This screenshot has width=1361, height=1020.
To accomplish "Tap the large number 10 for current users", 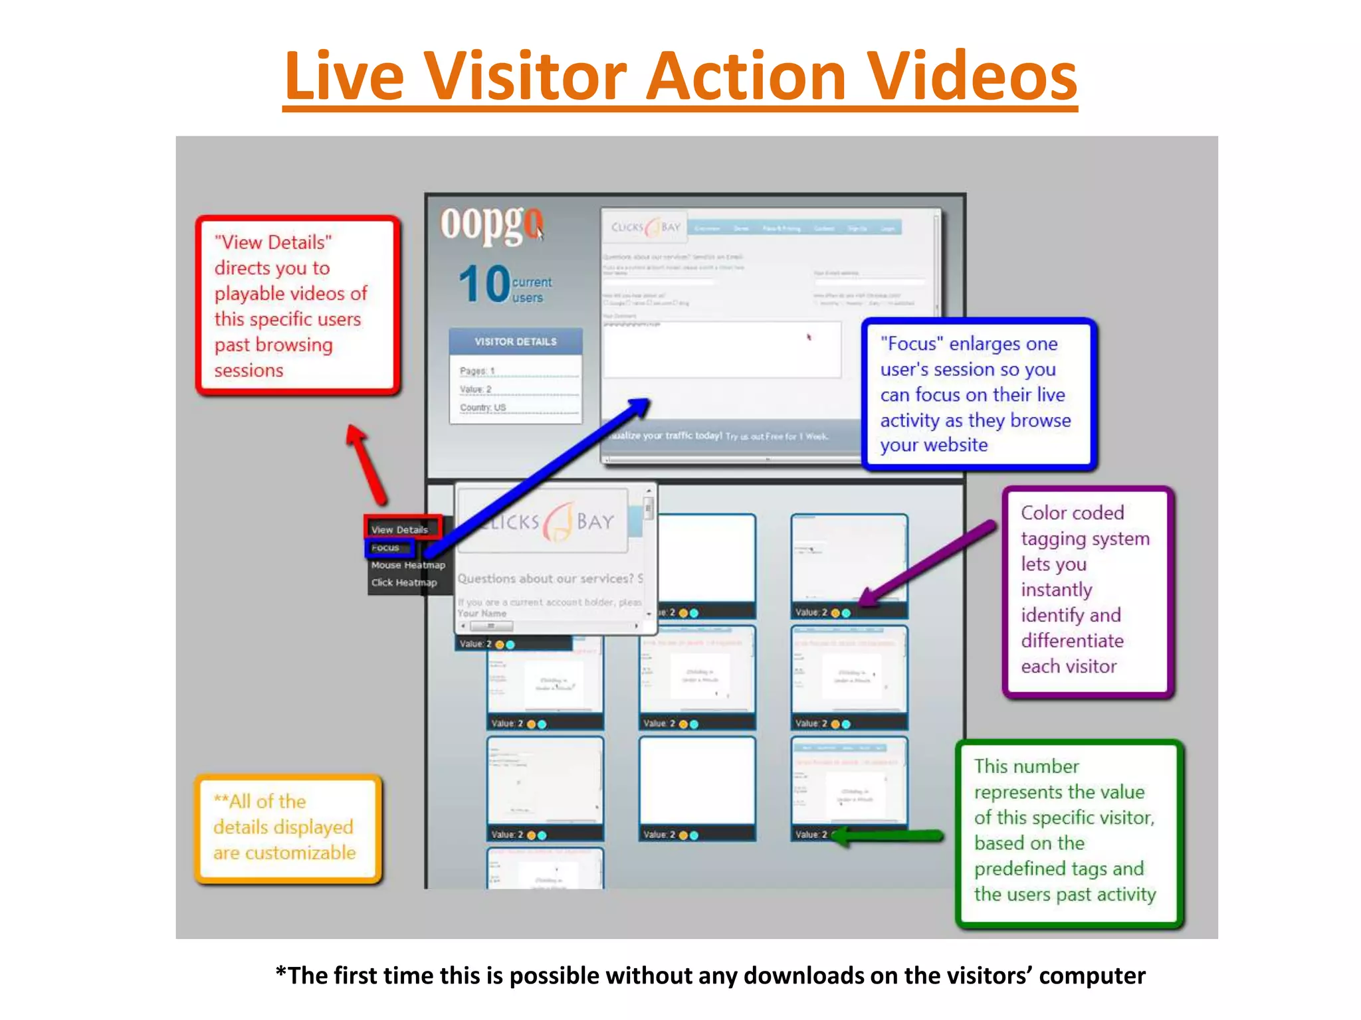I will pyautogui.click(x=484, y=284).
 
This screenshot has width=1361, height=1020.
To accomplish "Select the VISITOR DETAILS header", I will pyautogui.click(x=515, y=341).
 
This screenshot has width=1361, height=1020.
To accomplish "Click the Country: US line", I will pyautogui.click(x=483, y=407).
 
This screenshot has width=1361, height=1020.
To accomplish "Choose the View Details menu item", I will pyautogui.click(x=400, y=529).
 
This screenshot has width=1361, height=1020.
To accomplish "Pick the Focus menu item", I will pyautogui.click(x=385, y=547).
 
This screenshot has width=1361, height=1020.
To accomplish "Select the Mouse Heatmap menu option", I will pyautogui.click(x=408, y=565).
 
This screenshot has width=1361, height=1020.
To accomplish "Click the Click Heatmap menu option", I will pyautogui.click(x=404, y=582).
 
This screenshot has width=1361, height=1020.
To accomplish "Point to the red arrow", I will pyautogui.click(x=366, y=465).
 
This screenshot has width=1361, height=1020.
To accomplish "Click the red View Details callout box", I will pyautogui.click(x=297, y=305).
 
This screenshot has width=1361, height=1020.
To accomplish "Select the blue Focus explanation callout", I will pyautogui.click(x=978, y=394).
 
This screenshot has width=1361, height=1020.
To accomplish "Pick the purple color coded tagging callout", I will pyautogui.click(x=1087, y=590).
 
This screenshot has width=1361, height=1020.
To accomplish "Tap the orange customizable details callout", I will pyautogui.click(x=288, y=827).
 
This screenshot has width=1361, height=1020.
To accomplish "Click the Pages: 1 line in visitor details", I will pyautogui.click(x=478, y=371).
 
